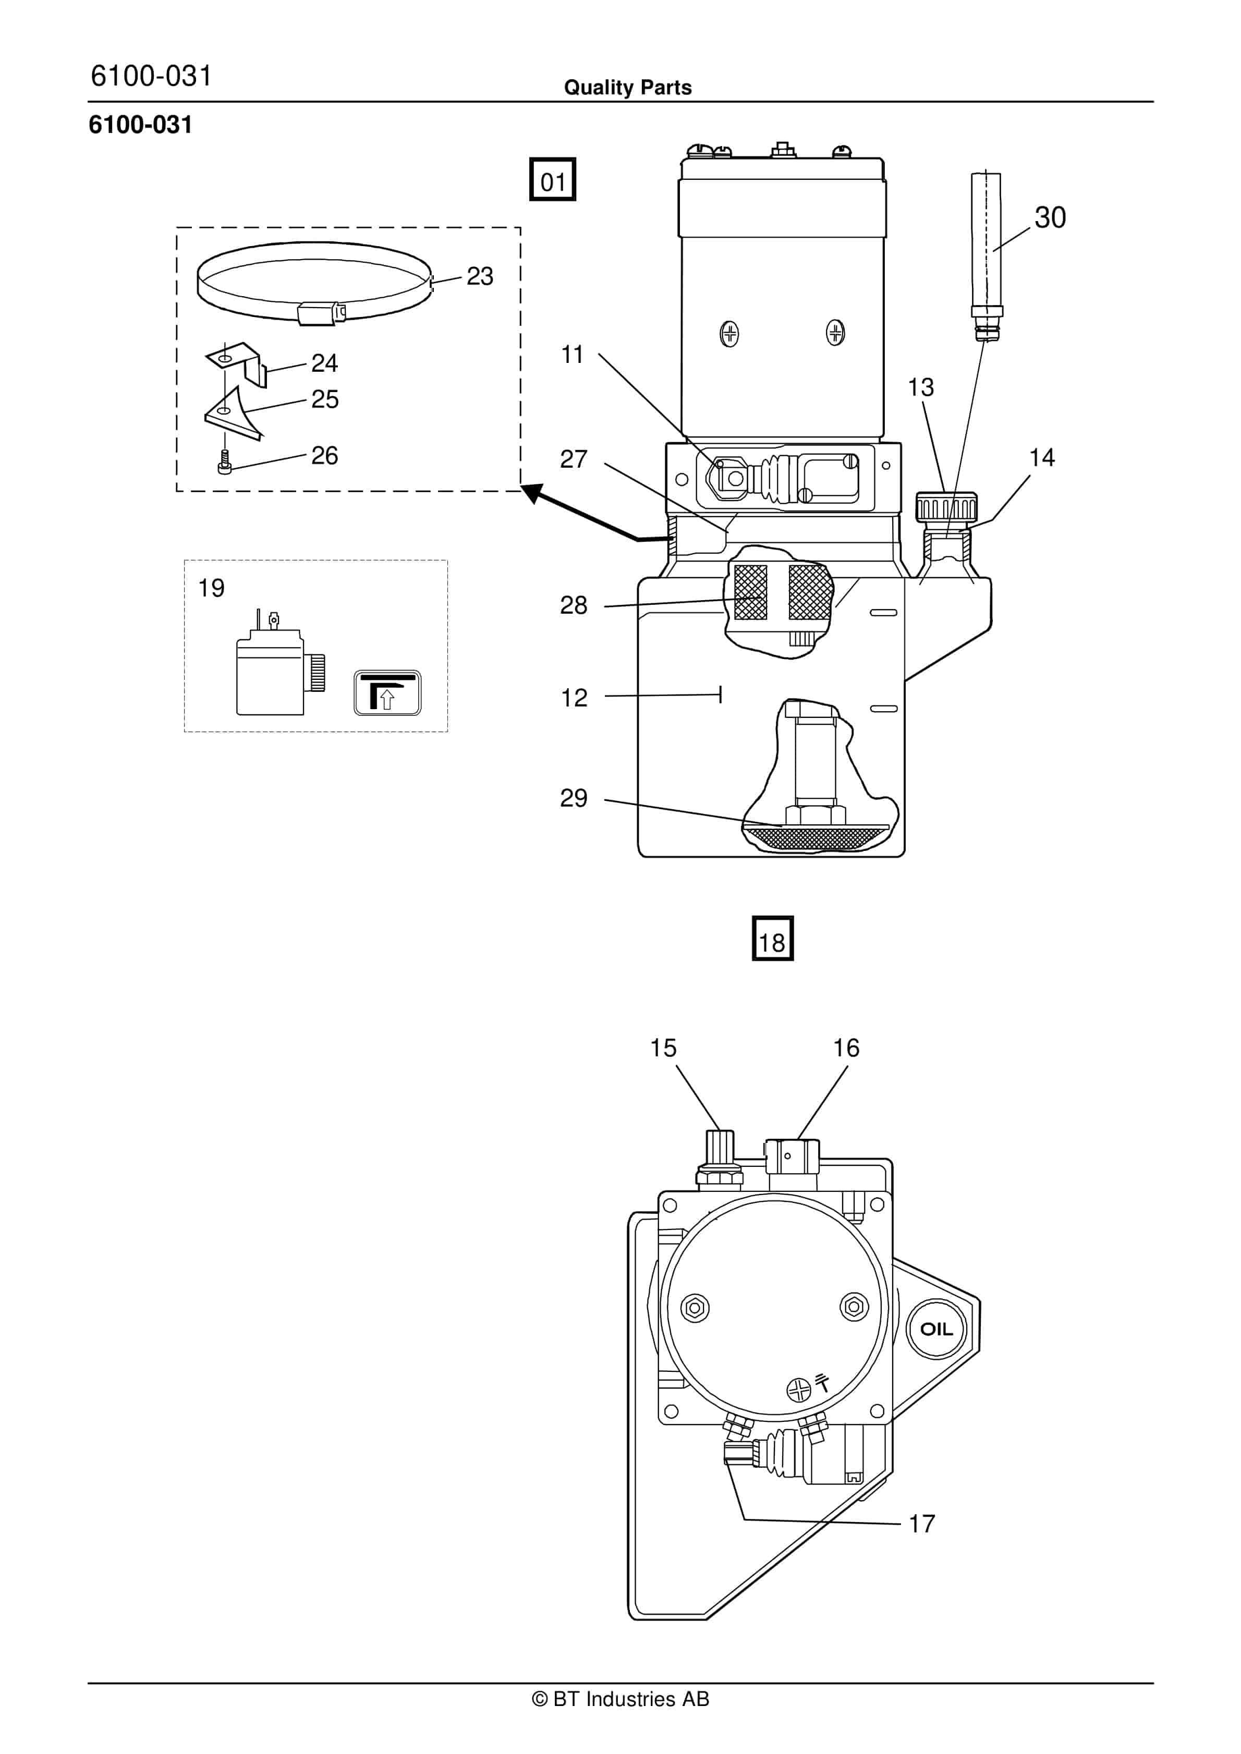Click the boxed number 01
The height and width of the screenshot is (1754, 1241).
click(553, 179)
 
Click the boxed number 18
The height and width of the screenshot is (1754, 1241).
click(773, 938)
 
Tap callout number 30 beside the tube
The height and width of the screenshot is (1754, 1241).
click(1050, 218)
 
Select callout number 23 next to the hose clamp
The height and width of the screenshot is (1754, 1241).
click(480, 276)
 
